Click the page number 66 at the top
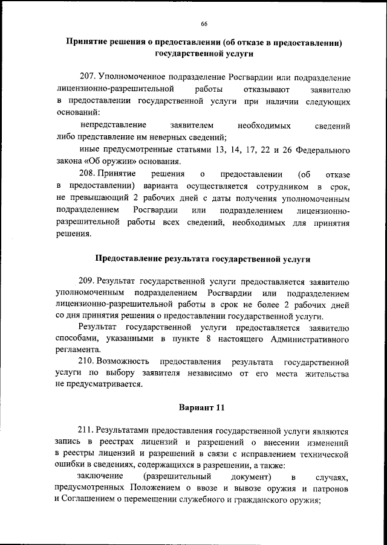(x=204, y=24)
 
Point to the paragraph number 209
(x=87, y=282)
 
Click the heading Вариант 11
(x=202, y=407)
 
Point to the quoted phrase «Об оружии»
(x=106, y=161)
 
